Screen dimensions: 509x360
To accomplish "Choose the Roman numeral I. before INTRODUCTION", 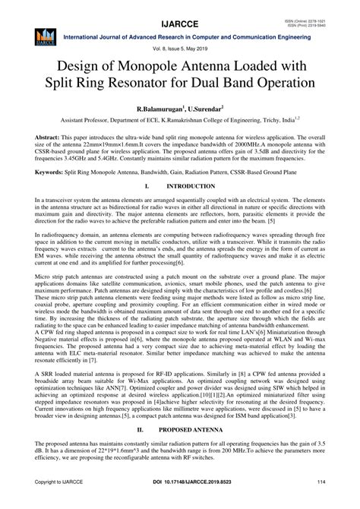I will (143, 185).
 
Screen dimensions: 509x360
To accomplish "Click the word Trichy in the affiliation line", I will (285, 120).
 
